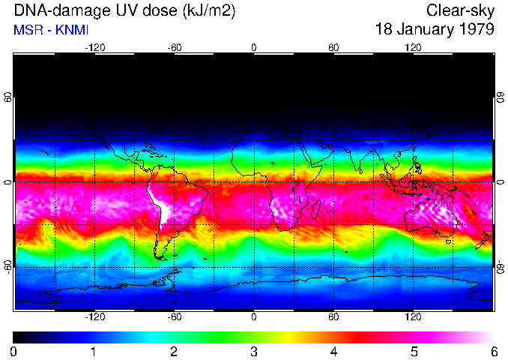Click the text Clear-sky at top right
click(460, 11)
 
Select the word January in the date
click(424, 30)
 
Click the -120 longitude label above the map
click(94, 47)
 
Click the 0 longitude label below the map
click(254, 317)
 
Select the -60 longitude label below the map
click(174, 317)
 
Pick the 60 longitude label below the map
click(333, 317)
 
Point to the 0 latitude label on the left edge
click(8, 182)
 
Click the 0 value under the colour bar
click(14, 351)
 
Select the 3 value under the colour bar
click(254, 351)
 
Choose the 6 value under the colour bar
click(493, 351)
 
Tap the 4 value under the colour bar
click(333, 351)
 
